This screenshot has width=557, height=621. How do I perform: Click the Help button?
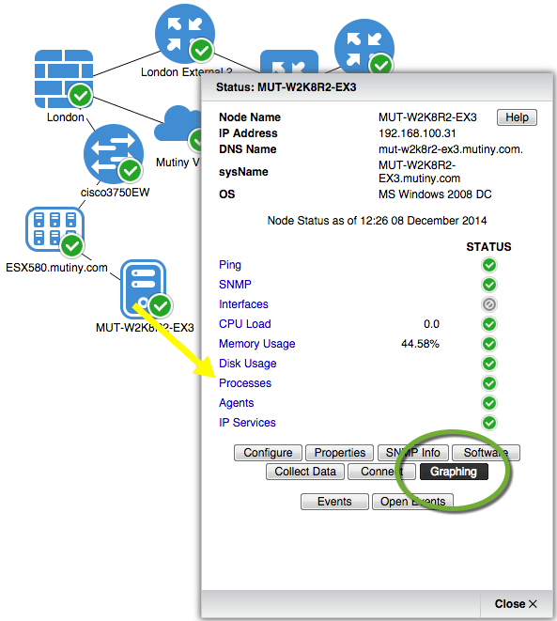click(x=517, y=117)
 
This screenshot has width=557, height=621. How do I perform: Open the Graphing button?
click(x=454, y=472)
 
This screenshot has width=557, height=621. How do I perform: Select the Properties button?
click(x=340, y=453)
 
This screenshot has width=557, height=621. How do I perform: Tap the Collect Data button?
click(x=305, y=472)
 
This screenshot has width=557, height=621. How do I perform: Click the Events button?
click(x=334, y=502)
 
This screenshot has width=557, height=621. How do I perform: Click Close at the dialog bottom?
click(x=516, y=604)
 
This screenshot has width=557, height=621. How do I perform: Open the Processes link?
click(x=245, y=383)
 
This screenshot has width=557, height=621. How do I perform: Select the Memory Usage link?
click(x=257, y=344)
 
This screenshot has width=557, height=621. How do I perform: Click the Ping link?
click(x=230, y=265)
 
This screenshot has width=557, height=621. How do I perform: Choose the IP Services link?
click(x=247, y=423)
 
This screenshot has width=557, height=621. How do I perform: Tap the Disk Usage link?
click(x=248, y=364)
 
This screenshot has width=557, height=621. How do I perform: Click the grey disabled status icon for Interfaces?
click(x=489, y=304)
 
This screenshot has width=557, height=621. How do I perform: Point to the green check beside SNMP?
click(x=489, y=285)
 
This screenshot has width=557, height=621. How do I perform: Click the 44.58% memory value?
click(x=420, y=344)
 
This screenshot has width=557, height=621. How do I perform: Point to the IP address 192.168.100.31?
click(x=417, y=133)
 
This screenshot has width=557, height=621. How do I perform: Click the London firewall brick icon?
click(x=64, y=79)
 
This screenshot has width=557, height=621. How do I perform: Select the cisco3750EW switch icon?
click(x=114, y=154)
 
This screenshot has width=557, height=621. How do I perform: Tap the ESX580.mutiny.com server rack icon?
click(x=54, y=230)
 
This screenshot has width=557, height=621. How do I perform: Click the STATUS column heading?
click(x=489, y=247)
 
